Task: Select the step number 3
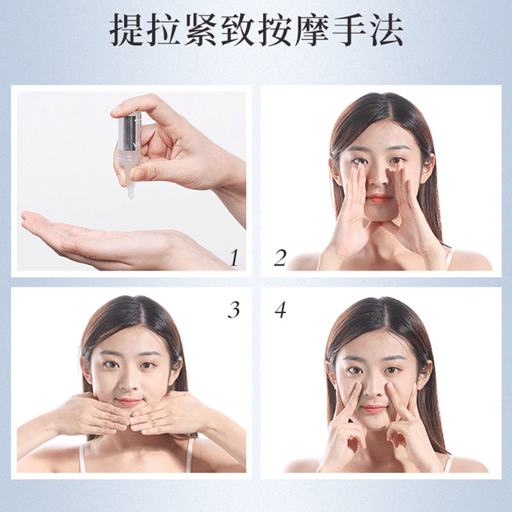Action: (234, 310)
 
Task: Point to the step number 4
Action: (280, 310)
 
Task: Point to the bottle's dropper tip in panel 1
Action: (131, 191)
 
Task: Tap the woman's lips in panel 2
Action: (380, 198)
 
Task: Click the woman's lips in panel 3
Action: (129, 403)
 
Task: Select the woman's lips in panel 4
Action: (374, 408)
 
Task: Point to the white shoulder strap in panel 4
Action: (448, 463)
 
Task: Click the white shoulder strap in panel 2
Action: (450, 257)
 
